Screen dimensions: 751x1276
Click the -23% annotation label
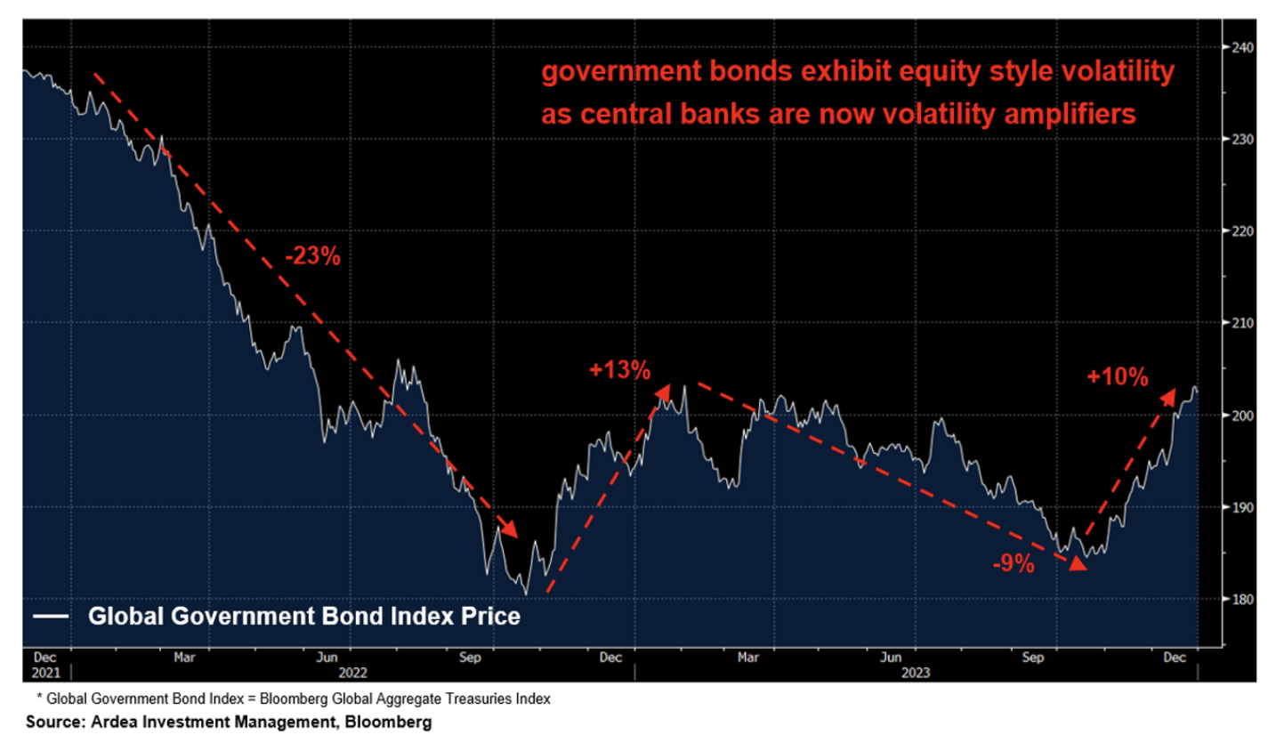[312, 256]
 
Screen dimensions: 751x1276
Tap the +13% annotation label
[619, 370]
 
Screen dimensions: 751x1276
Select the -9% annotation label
[1014, 563]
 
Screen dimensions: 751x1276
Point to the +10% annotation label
[1117, 377]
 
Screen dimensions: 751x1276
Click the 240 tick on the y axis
[1243, 48]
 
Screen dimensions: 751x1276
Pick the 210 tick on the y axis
[1243, 323]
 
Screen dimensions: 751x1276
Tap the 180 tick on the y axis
[1243, 599]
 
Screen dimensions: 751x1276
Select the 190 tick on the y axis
[1243, 507]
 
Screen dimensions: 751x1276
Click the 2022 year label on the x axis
[352, 673]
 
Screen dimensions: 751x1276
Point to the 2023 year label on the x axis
[915, 673]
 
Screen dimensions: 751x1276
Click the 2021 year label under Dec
[45, 673]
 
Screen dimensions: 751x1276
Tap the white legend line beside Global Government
[51, 616]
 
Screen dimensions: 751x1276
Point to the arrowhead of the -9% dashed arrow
[1078, 563]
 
